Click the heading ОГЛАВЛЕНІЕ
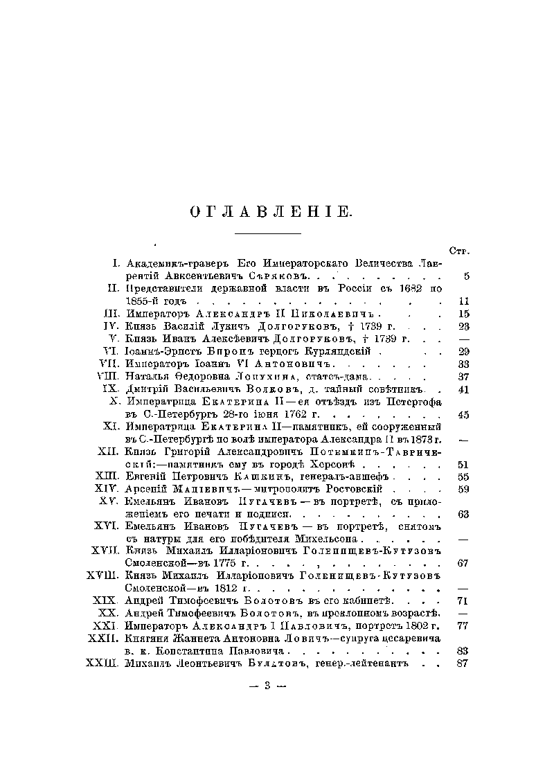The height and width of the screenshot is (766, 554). click(271, 212)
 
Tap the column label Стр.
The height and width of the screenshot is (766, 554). click(460, 250)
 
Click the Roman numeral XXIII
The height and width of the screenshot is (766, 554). click(102, 663)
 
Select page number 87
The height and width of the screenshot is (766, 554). click(464, 663)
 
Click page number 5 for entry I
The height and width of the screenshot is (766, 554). click(467, 276)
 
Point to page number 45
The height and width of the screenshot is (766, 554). click(464, 414)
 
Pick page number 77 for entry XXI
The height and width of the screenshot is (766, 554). click(464, 626)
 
